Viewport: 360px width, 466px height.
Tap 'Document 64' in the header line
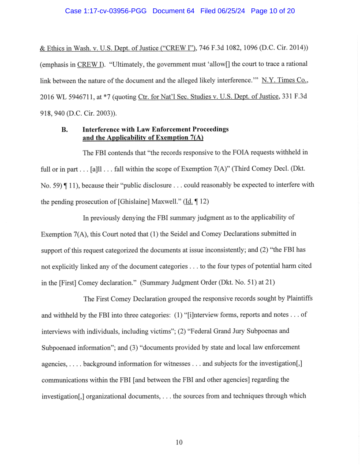(173, 11)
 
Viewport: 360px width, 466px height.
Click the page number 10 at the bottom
(179, 442)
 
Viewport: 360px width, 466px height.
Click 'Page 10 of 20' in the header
(273, 11)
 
